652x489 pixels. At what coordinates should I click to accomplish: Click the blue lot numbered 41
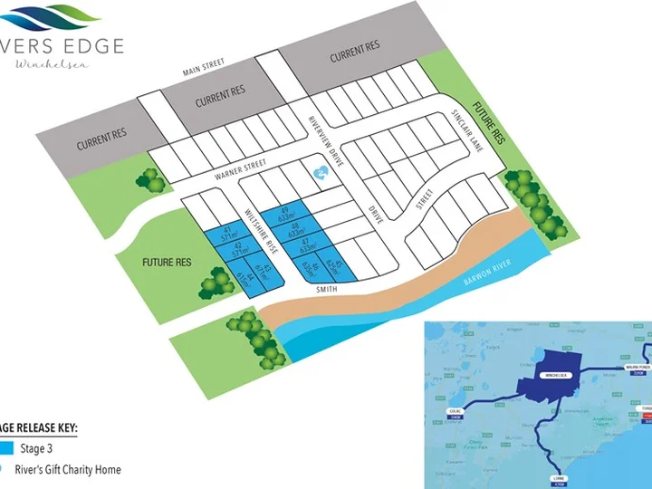tap(216, 235)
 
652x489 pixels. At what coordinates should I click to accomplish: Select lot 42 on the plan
tap(238, 250)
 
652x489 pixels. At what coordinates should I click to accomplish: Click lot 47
tap(308, 245)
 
